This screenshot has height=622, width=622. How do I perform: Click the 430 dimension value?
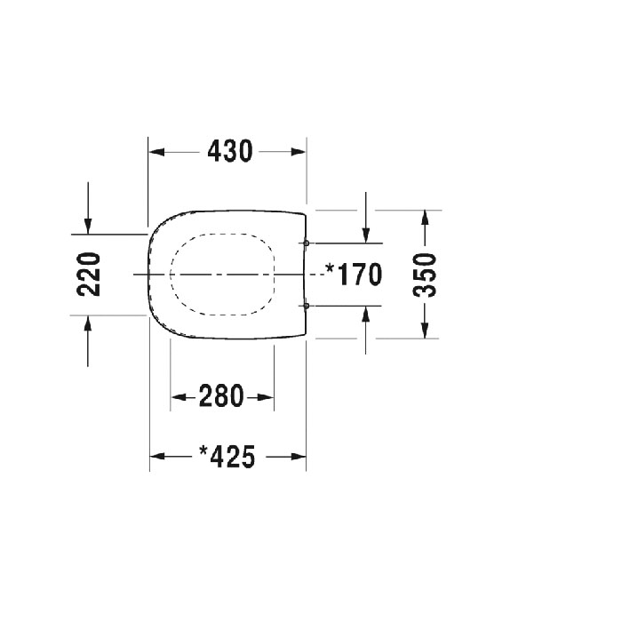point(230,152)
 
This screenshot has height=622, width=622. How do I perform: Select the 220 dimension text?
point(89,274)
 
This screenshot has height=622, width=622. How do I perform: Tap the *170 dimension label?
point(353,275)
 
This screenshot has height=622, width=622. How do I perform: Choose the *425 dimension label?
point(227,457)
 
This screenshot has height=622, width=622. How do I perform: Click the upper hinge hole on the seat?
point(306,243)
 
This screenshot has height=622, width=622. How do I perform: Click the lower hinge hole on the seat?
point(306,306)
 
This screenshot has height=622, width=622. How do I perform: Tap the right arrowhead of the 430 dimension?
point(299,152)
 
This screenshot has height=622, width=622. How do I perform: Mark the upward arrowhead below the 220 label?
point(88,322)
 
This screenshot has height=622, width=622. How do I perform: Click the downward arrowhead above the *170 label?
point(365,235)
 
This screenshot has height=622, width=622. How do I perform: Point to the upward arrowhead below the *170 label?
point(365,312)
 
